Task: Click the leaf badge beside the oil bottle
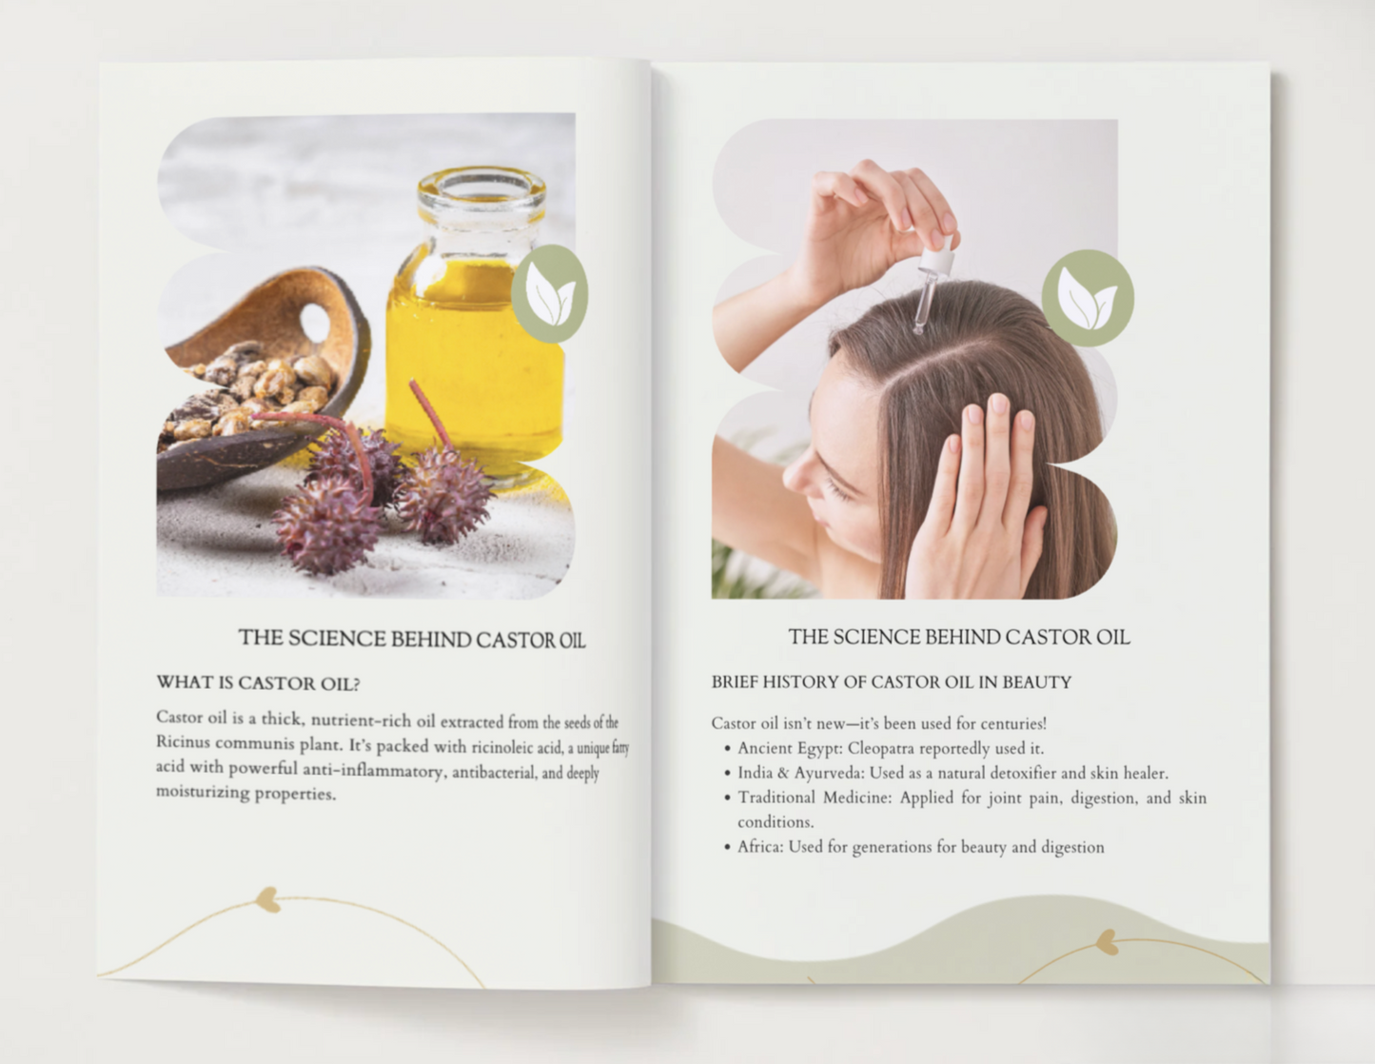[x=550, y=293]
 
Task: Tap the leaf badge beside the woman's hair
[x=1088, y=298]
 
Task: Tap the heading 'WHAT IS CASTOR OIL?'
[x=258, y=683]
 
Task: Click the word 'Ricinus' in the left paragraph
[x=181, y=742]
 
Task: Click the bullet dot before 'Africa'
[x=727, y=847]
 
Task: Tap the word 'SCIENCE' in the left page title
[x=337, y=639]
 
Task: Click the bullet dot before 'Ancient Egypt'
[x=727, y=749]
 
